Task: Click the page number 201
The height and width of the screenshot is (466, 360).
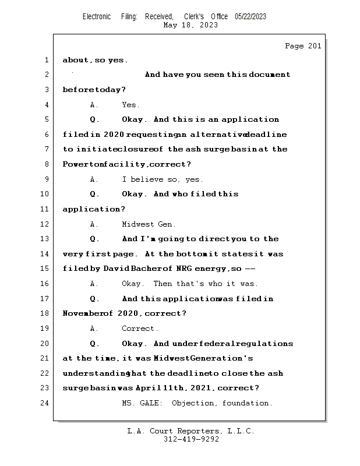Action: [x=315, y=46]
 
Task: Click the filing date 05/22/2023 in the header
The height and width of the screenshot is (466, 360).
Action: [x=250, y=16]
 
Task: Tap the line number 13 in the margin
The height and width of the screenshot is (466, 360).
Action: [x=44, y=239]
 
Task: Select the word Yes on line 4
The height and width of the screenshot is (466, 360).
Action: [x=129, y=105]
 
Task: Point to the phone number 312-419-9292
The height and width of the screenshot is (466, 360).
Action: [x=191, y=439]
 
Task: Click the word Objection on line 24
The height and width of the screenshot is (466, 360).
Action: [x=193, y=403]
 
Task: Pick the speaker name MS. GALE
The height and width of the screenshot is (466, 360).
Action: [x=142, y=403]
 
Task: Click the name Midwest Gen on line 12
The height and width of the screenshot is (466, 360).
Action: [x=147, y=224]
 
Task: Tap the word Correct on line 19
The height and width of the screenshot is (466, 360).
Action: [x=138, y=329]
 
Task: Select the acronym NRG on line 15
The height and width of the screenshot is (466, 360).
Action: [x=183, y=269]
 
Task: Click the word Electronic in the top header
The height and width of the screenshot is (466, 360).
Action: [x=97, y=16]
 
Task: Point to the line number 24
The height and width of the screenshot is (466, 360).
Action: [x=44, y=403]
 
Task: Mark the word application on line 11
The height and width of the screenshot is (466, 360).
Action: [x=91, y=209]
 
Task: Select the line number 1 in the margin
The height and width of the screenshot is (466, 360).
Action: [x=47, y=60]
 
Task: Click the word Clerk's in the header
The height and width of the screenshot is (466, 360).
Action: [x=194, y=16]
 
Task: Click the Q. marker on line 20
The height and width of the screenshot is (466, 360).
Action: [x=94, y=344]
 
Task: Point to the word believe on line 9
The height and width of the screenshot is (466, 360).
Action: [x=147, y=179]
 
